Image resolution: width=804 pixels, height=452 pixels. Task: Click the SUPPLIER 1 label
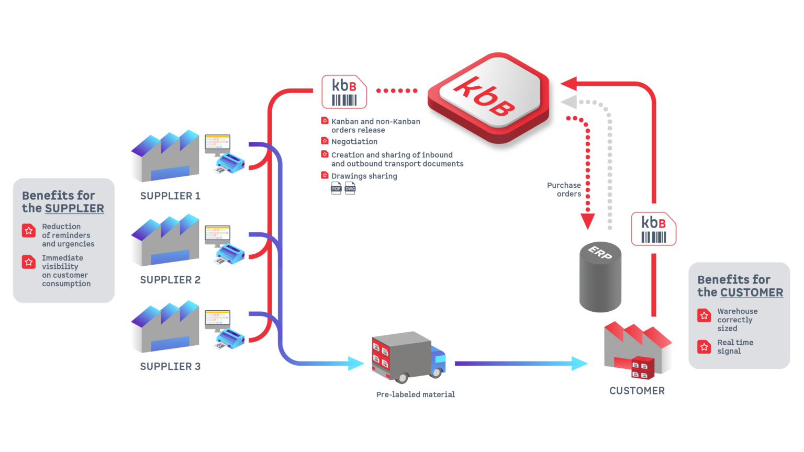[170, 196]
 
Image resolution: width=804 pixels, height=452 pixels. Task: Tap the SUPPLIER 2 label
[170, 280]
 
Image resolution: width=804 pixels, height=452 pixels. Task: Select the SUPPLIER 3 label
[170, 366]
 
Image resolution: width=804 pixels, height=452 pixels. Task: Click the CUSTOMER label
[637, 391]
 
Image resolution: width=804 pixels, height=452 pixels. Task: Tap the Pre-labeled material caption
[415, 394]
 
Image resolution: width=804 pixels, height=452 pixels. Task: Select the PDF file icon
[336, 188]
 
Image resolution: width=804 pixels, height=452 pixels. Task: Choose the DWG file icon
[350, 188]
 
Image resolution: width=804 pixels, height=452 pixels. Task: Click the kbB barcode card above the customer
[654, 229]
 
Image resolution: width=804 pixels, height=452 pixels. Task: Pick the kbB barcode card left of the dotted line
[344, 92]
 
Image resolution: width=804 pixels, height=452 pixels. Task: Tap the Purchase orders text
[564, 189]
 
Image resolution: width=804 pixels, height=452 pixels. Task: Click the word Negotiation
[354, 142]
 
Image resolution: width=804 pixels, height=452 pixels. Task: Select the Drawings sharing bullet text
[364, 176]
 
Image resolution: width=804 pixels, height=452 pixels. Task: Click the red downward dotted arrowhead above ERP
[587, 221]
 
